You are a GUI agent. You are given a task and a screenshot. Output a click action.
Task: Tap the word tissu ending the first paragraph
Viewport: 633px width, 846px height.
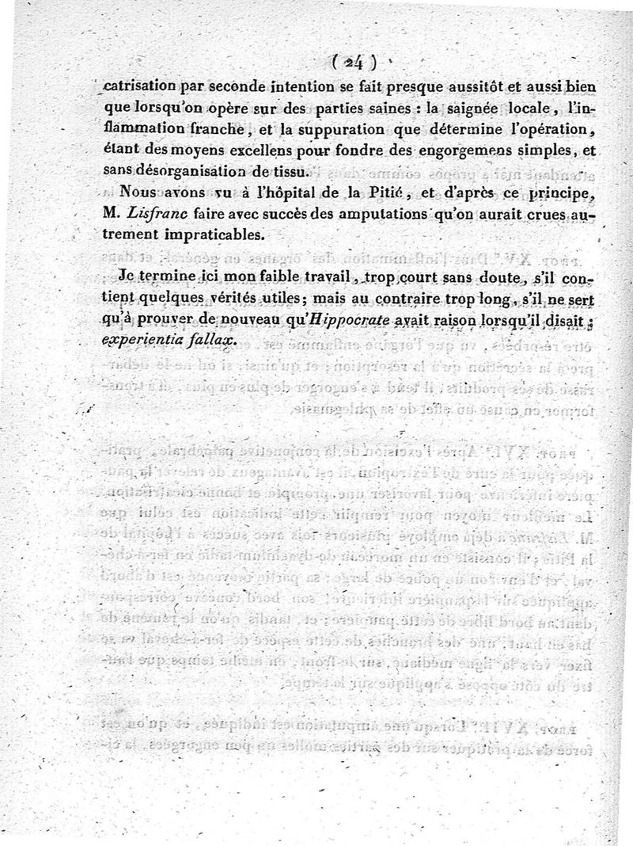click(x=286, y=170)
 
